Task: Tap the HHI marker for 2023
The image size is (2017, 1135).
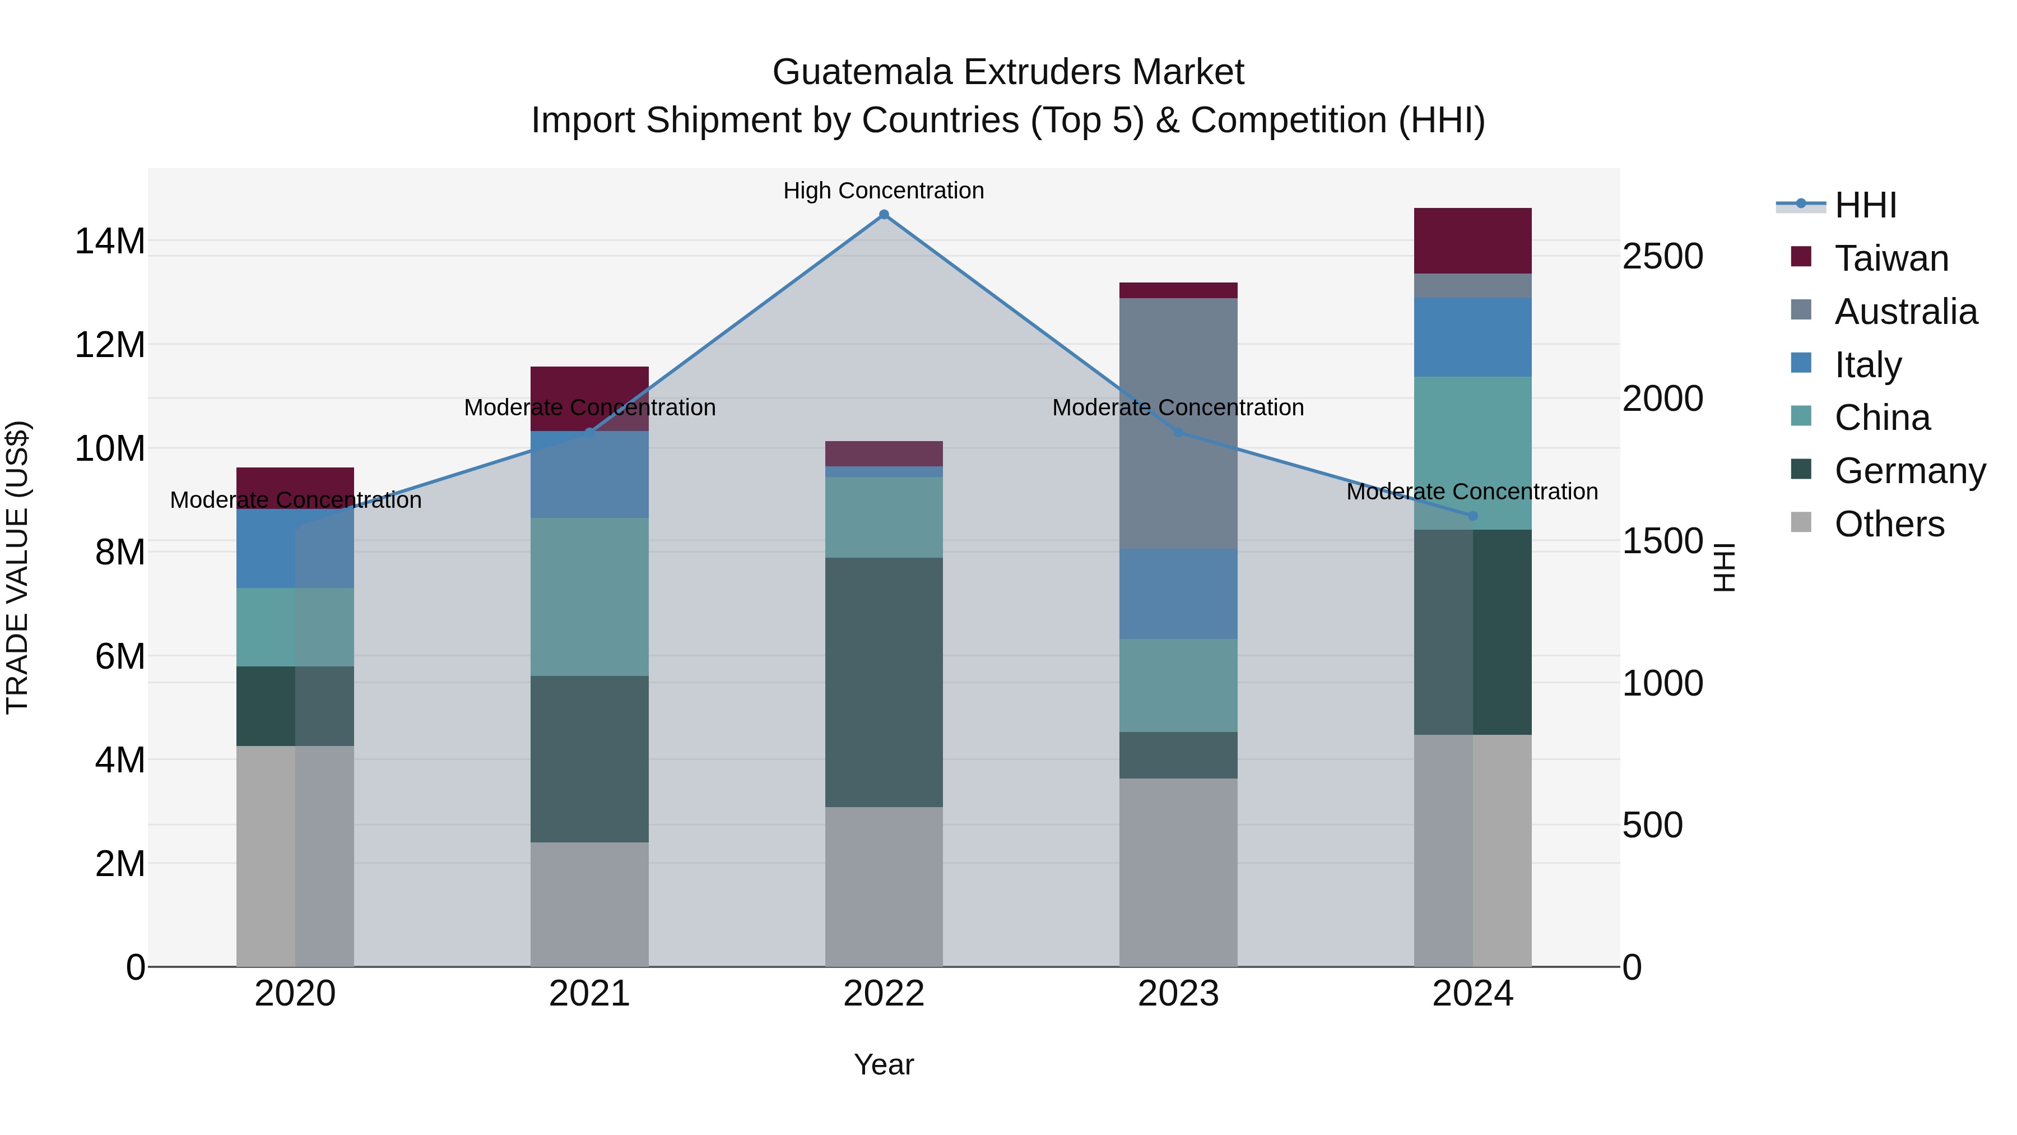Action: coord(1178,432)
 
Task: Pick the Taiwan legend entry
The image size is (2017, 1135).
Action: coord(1891,258)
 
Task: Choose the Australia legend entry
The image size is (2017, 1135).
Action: coord(1905,312)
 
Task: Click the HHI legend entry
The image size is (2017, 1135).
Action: coord(1865,205)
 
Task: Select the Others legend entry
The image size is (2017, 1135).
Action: coord(1889,524)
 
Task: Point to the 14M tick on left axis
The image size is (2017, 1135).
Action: coord(110,241)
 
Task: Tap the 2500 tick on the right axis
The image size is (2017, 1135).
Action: coord(1662,257)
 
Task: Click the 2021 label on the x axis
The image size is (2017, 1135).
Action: coord(589,994)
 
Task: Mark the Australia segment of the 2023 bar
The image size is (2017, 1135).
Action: coord(1178,423)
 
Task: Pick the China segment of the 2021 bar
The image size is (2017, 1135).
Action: coord(589,597)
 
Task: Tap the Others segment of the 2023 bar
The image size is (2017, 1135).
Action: coord(1178,872)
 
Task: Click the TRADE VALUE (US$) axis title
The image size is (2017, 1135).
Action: coord(17,567)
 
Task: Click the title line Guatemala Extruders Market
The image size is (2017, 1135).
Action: coord(1008,72)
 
